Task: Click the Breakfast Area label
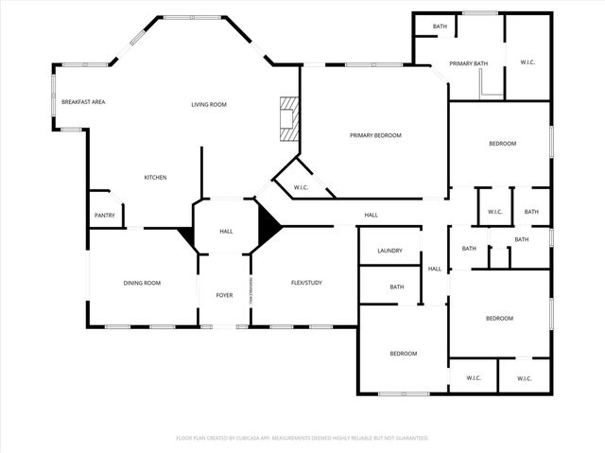click(83, 102)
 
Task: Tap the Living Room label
click(209, 105)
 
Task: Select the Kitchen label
click(156, 178)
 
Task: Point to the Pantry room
click(104, 215)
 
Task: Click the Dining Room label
click(142, 283)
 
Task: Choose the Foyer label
click(224, 295)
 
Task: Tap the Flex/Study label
click(307, 283)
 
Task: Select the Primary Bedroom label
click(375, 135)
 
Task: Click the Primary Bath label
click(468, 63)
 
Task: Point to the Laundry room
click(390, 251)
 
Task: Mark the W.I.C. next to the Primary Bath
click(528, 63)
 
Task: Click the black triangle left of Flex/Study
click(268, 227)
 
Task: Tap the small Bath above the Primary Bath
click(440, 26)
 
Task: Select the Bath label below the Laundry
click(397, 287)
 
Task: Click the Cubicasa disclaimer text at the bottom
click(302, 438)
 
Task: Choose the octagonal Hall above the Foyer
click(226, 231)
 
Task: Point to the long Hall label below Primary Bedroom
click(372, 216)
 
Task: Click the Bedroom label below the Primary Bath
click(502, 144)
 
